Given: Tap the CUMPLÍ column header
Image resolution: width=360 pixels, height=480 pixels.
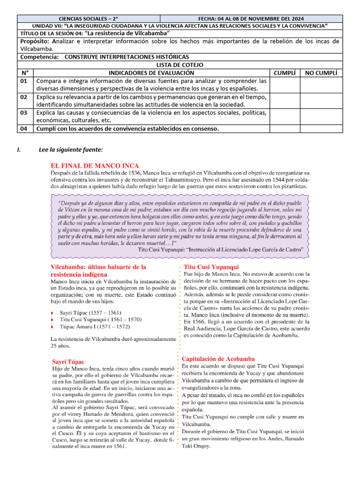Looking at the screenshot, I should click(285, 73).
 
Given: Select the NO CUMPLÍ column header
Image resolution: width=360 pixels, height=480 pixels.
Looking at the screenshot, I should click(321, 73).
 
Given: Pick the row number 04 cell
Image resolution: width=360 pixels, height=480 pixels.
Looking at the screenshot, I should click(25, 129).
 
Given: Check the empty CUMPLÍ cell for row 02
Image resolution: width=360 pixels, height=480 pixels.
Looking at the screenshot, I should click(285, 100).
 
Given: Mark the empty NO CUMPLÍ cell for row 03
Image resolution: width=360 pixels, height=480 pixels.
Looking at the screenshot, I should click(321, 116).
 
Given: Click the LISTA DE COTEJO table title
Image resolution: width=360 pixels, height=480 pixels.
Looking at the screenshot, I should click(180, 65).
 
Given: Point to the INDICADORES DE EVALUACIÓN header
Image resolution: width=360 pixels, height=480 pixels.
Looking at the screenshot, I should click(151, 73).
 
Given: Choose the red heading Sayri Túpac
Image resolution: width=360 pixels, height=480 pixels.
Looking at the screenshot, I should click(68, 362).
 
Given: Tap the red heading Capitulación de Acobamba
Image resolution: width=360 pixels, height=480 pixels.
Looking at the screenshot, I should click(218, 358).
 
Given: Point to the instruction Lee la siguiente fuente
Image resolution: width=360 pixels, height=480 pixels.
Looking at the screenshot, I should click(70, 150).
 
